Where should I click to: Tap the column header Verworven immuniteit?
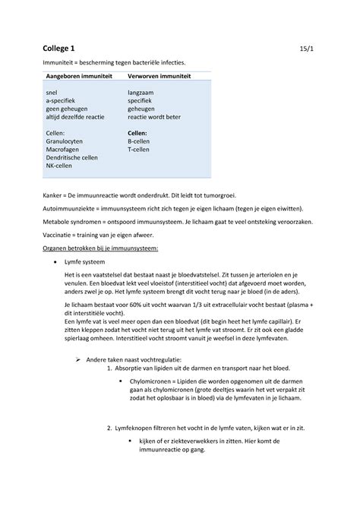pyautogui.click(x=159, y=77)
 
